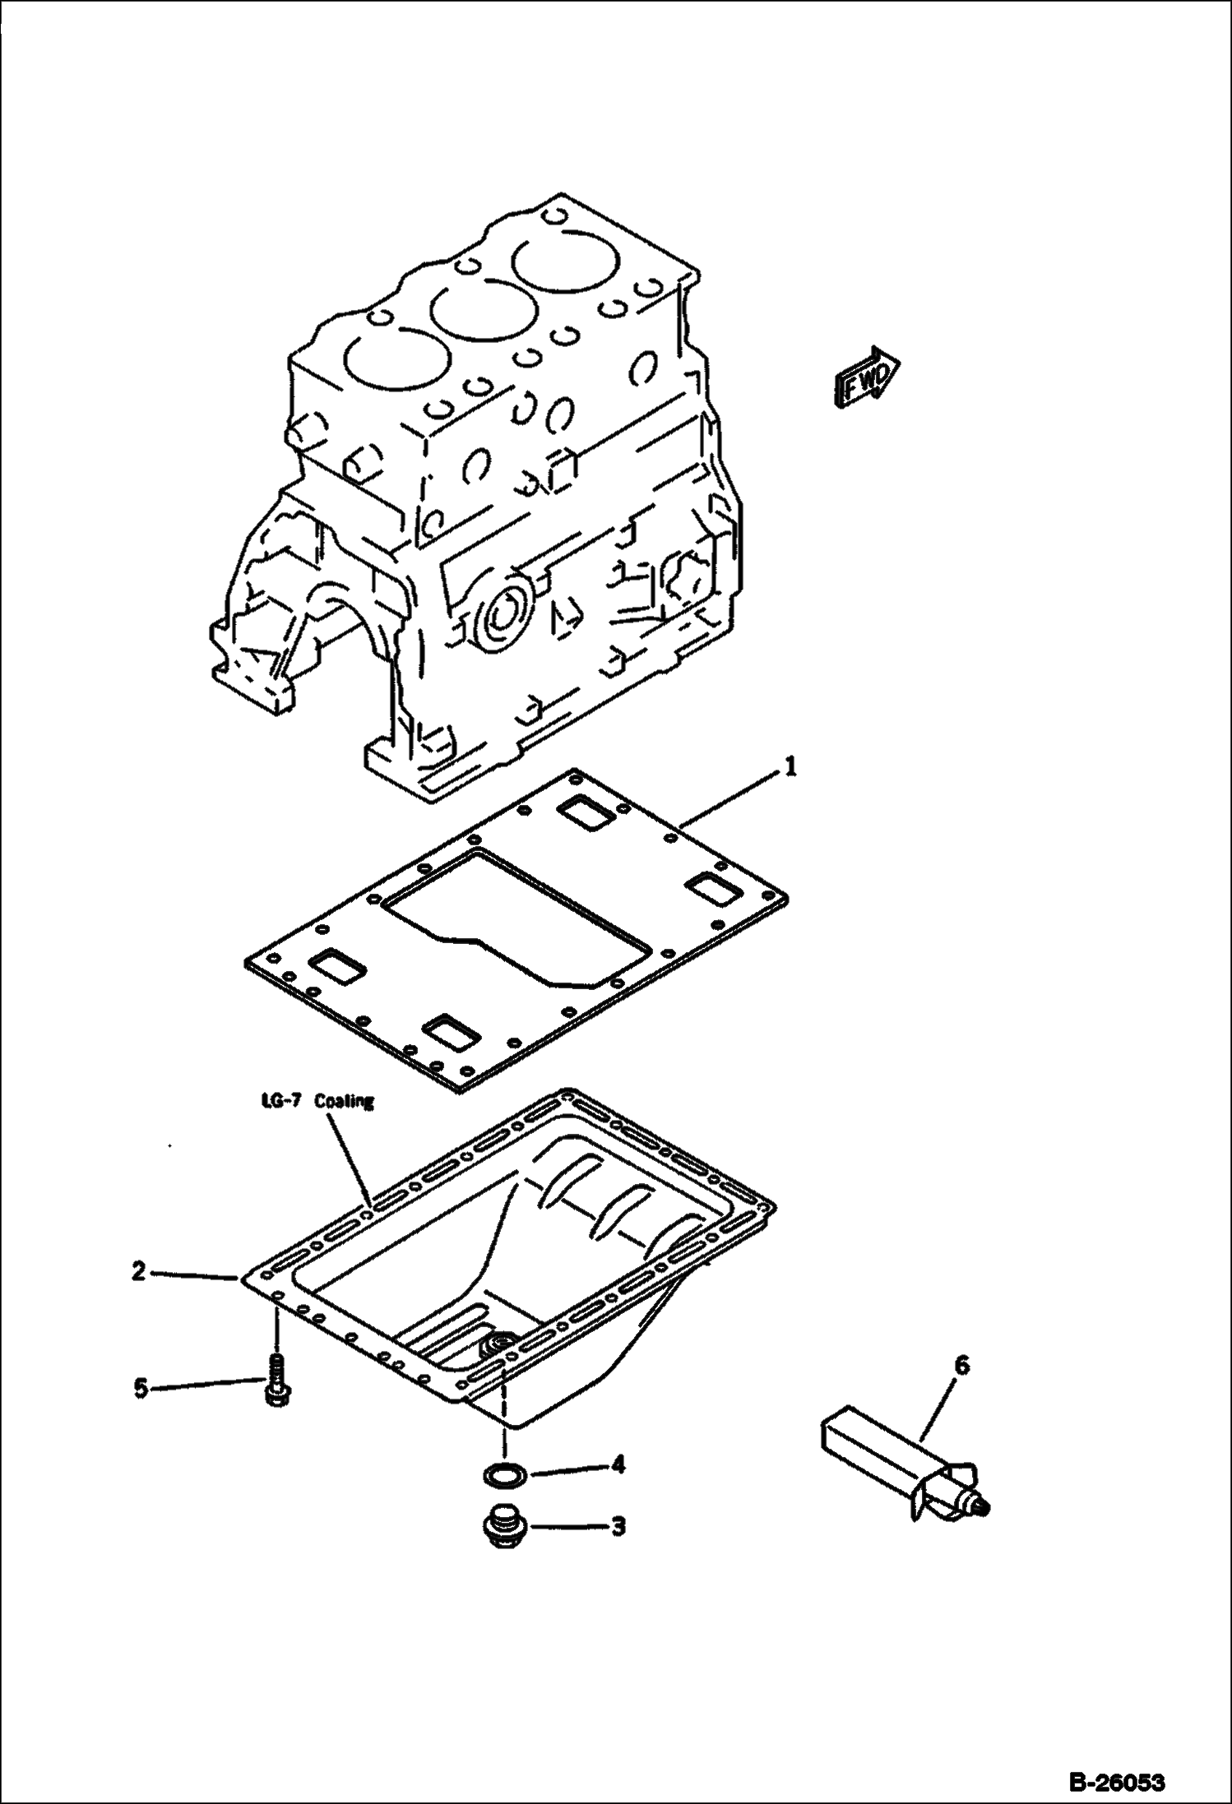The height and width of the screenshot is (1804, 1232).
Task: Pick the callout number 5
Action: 141,1389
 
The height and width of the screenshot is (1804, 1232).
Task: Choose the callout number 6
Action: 961,1366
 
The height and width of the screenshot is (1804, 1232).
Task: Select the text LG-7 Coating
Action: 313,1101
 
